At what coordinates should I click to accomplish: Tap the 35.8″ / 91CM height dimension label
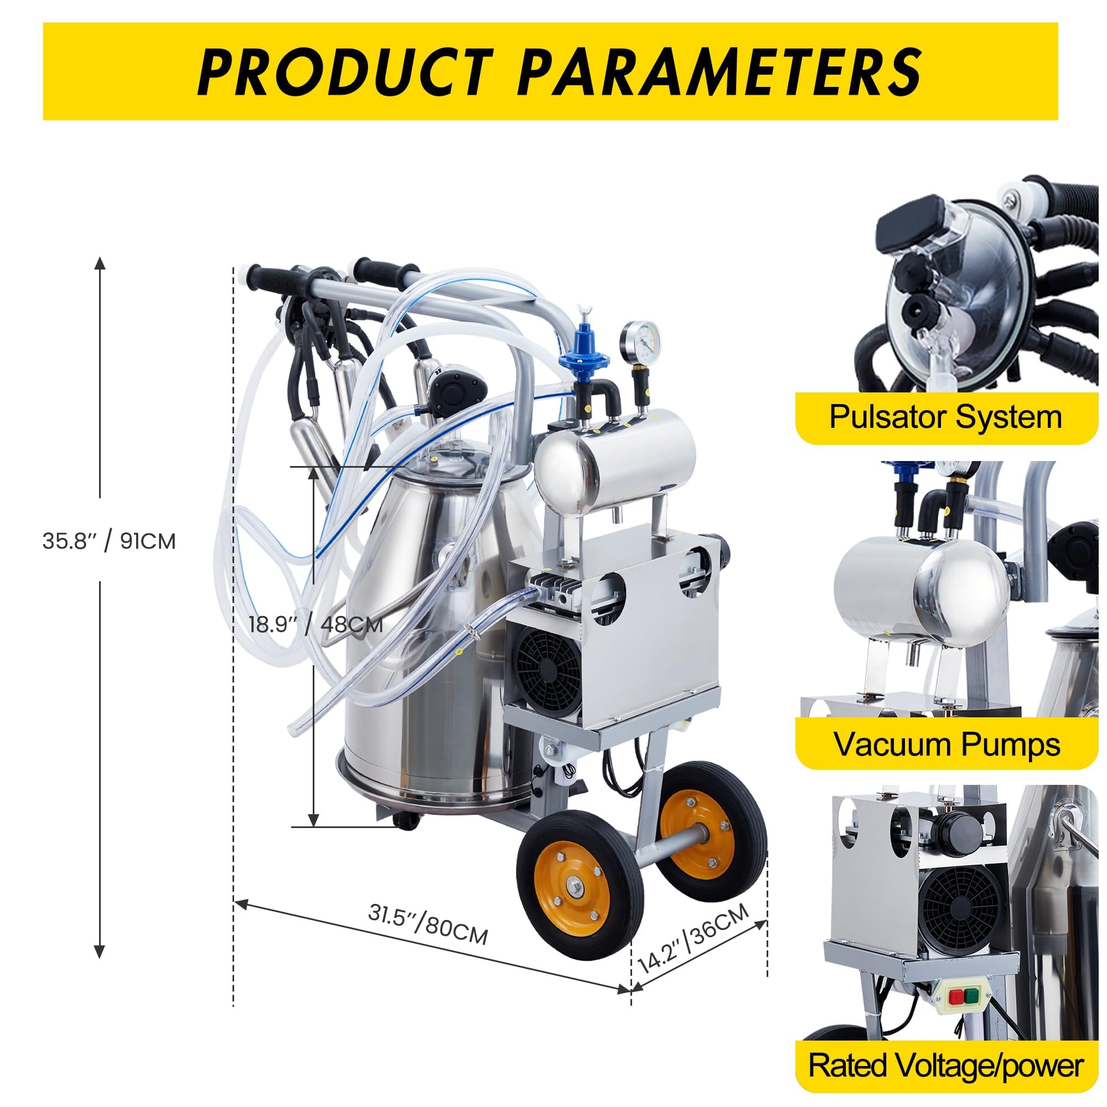pos(109,540)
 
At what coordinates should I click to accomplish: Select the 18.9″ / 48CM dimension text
pos(315,623)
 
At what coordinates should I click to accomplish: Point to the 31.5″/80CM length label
pos(427,923)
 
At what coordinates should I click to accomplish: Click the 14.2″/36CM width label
pos(694,938)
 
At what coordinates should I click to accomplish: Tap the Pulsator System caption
pos(945,417)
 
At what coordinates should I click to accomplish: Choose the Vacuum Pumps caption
pos(946,744)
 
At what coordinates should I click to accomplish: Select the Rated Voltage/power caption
pos(945,1065)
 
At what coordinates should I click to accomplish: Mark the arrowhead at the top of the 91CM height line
pos(100,263)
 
